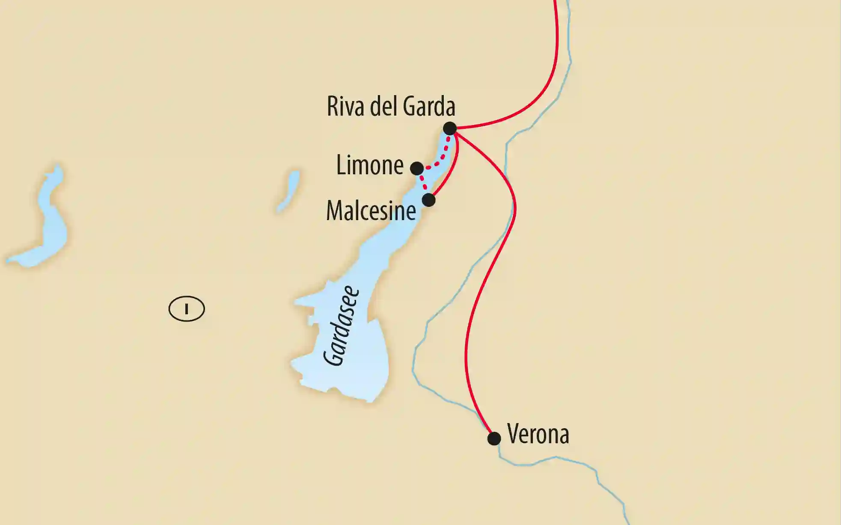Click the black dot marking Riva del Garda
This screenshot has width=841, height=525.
coord(450,128)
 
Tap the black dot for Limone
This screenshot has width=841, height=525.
coord(417,168)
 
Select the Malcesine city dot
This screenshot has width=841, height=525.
coord(428,200)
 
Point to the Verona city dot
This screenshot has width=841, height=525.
coord(494,438)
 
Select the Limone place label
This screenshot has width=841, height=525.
coord(370,165)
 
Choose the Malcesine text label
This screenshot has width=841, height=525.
coord(371,211)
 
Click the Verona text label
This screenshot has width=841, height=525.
coord(538,434)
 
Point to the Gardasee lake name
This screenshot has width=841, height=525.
coord(341,326)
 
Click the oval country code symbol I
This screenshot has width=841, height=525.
coord(187,309)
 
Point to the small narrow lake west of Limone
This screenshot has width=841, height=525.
coord(288,192)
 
